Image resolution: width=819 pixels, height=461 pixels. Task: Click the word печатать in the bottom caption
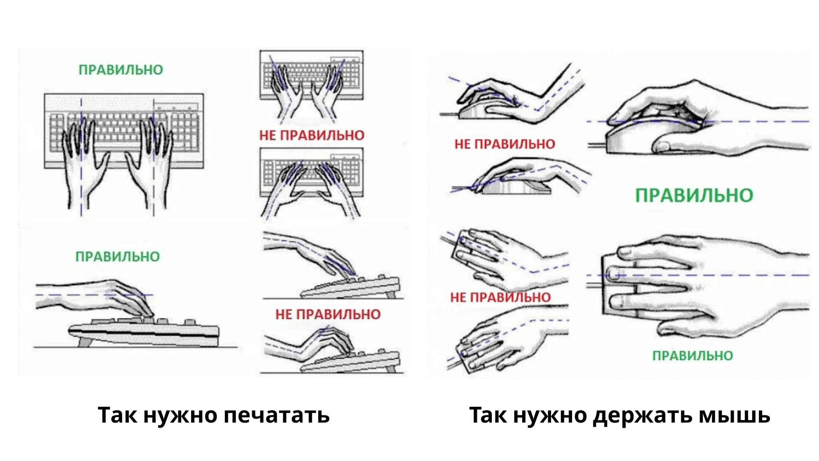click(x=276, y=415)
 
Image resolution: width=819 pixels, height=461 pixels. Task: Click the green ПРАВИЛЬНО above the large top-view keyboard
click(x=121, y=70)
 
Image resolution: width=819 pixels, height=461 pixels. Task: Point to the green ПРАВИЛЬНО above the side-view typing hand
click(x=118, y=257)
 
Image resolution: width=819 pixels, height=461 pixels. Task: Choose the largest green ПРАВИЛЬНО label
click(x=694, y=195)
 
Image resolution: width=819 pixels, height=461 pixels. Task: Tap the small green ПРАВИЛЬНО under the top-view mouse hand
click(x=693, y=356)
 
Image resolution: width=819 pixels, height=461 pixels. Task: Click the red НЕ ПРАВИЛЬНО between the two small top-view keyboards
click(x=312, y=135)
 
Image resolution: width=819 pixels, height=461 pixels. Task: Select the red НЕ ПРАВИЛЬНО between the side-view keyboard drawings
click(x=328, y=314)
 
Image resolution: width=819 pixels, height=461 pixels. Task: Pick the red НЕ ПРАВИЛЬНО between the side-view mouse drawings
click(x=505, y=144)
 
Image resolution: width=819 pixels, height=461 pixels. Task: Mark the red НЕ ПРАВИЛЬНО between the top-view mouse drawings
click(x=500, y=297)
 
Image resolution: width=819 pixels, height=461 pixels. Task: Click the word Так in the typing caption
click(x=116, y=415)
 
